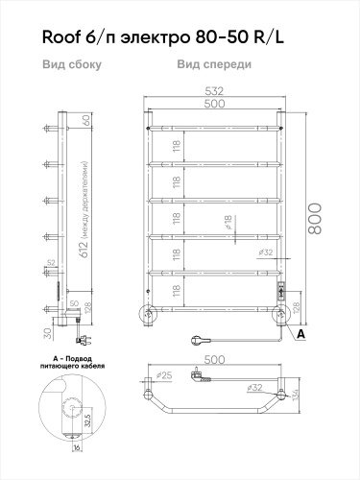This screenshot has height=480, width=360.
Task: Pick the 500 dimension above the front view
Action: (x=214, y=103)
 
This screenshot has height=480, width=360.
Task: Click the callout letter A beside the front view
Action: (x=301, y=333)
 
